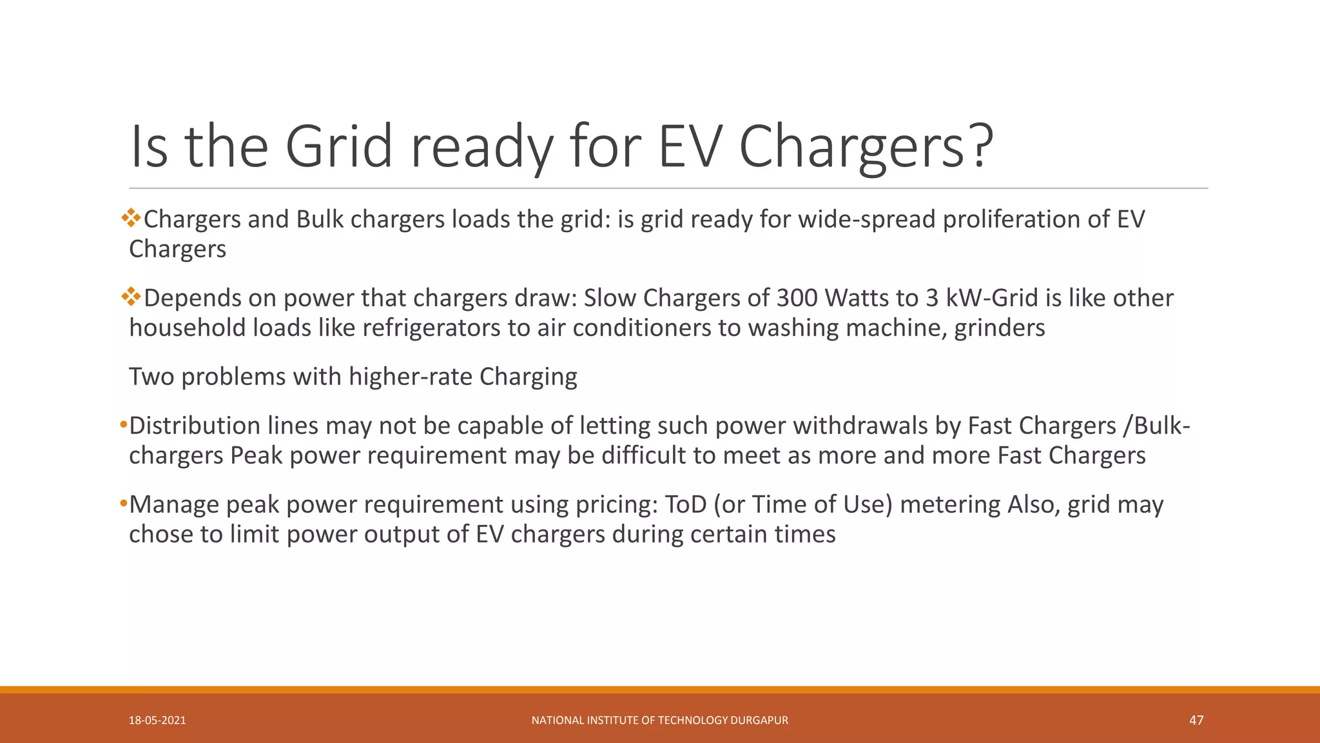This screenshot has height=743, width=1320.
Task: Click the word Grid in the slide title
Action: pos(338,146)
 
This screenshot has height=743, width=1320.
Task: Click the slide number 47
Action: pos(1196,720)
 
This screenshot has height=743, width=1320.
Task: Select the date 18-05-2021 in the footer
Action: pos(157,720)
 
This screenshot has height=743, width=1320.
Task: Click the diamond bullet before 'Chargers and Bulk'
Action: pos(131,218)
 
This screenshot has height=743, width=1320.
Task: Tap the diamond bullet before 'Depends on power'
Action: pos(131,297)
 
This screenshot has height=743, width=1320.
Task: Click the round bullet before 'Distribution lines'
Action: pos(124,425)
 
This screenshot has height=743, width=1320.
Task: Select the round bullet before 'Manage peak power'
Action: pos(124,504)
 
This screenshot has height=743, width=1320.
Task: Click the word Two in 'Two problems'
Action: pos(151,377)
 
